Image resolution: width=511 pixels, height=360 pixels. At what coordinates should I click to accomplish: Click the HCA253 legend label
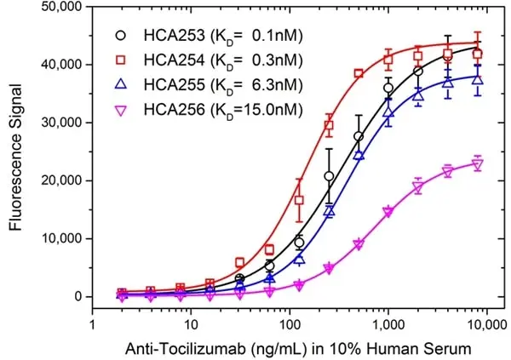[x=223, y=36]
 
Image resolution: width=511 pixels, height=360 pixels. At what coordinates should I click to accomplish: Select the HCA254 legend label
[x=223, y=60]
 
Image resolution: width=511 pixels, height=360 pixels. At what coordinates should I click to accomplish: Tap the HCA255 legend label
[x=223, y=85]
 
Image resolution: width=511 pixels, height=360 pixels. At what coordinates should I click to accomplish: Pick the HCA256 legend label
[x=223, y=110]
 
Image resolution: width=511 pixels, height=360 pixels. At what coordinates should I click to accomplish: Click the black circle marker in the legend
[x=121, y=35]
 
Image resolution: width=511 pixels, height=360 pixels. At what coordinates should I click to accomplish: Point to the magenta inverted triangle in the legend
[x=121, y=111]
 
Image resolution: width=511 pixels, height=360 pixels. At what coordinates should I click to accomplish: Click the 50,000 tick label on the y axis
[x=61, y=7]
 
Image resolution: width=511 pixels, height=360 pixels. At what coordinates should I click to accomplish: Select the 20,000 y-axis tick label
[x=61, y=180]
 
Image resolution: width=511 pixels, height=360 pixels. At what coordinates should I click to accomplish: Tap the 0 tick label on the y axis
[x=78, y=296]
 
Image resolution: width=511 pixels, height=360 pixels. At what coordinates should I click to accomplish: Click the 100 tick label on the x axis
[x=290, y=324]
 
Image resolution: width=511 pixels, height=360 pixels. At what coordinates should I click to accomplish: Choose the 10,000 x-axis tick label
[x=487, y=325]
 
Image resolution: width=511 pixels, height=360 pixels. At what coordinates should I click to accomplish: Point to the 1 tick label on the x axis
[x=93, y=324]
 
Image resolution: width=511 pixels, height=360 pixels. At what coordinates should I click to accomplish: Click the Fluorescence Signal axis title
[x=15, y=157]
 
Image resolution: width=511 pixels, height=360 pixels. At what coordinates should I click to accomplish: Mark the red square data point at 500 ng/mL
[x=359, y=73]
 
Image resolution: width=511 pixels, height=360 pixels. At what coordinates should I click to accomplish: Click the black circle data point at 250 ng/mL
[x=329, y=176]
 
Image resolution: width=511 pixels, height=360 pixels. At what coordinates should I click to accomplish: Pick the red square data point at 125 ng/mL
[x=299, y=200]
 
